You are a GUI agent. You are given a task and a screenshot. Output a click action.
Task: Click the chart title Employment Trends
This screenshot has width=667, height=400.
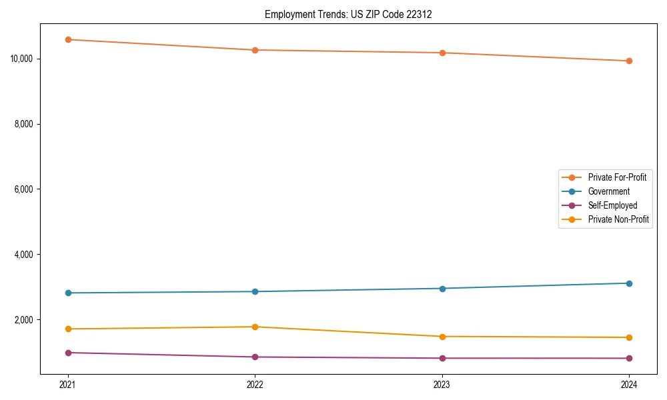[x=348, y=14]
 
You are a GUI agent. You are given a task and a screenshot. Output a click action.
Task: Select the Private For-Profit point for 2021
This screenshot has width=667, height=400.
[x=68, y=39]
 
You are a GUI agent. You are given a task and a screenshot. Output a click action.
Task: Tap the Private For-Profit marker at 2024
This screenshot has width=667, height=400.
[x=629, y=61]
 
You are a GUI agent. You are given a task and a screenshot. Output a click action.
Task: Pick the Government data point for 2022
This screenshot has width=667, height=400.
[x=255, y=291]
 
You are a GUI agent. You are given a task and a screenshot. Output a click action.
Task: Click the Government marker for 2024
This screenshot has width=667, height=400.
[x=629, y=283]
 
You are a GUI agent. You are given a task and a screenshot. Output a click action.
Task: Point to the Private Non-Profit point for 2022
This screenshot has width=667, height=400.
[x=255, y=327]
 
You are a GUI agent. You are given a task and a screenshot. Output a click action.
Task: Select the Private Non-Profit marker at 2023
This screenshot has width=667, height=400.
[x=442, y=337]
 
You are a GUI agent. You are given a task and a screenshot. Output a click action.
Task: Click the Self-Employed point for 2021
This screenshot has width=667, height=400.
[x=68, y=353]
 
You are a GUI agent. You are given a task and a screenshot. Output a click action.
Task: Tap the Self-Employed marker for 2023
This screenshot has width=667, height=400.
[x=442, y=358]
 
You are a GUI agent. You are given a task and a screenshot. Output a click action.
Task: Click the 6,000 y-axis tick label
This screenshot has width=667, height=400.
[x=24, y=189]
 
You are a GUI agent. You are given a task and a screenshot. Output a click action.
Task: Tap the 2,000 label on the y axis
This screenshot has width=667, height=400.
[x=24, y=320]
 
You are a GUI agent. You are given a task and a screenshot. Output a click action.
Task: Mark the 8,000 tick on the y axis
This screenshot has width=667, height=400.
[x=24, y=124]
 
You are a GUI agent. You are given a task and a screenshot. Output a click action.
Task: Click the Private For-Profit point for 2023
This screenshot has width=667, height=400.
[x=442, y=53]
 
